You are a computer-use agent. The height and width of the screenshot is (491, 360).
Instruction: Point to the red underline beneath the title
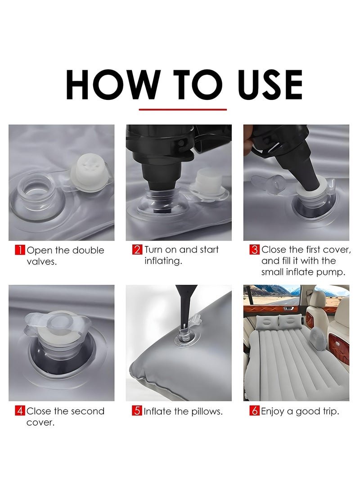pyautogui.click(x=183, y=110)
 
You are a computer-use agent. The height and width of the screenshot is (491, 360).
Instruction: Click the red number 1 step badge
pyautogui.click(x=20, y=250)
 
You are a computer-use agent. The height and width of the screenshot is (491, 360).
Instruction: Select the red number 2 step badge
pyautogui.click(x=137, y=250)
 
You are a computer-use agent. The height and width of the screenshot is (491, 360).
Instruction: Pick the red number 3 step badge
pyautogui.click(x=255, y=250)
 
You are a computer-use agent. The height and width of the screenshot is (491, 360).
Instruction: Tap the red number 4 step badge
pyautogui.click(x=20, y=410)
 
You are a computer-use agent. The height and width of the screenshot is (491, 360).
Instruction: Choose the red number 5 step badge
pyautogui.click(x=137, y=410)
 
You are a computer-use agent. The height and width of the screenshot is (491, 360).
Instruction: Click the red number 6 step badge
pyautogui.click(x=255, y=410)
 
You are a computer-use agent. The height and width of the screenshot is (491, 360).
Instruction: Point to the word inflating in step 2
pyautogui.click(x=163, y=261)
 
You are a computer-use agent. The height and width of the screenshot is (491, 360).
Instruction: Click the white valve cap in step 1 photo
pyautogui.click(x=88, y=172)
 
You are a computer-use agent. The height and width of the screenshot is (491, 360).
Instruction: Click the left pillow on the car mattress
pyautogui.click(x=267, y=323)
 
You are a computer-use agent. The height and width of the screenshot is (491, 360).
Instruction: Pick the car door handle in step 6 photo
pyautogui.click(x=288, y=309)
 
